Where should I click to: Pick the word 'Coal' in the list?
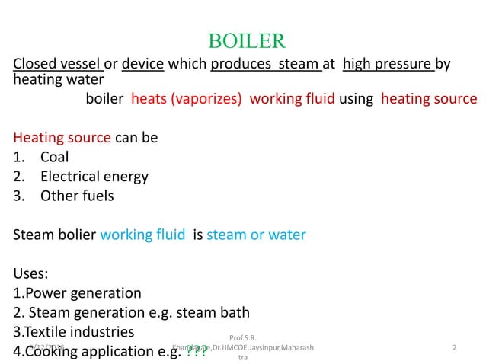(55, 157)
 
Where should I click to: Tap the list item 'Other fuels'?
(77, 196)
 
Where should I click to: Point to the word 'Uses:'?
(33, 273)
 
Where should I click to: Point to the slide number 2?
(454, 348)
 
